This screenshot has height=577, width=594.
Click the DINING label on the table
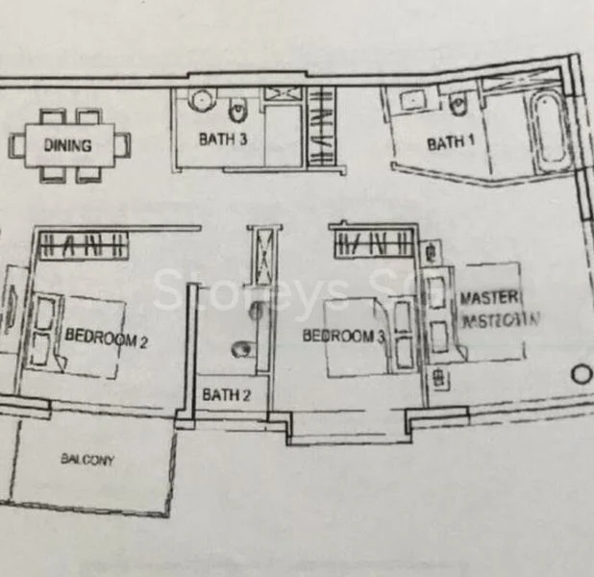(x=67, y=146)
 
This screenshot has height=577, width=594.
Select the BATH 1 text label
(x=451, y=143)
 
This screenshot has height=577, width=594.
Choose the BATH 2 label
(x=226, y=394)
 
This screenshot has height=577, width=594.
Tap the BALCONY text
(x=87, y=461)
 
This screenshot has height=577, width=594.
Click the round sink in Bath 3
(x=200, y=99)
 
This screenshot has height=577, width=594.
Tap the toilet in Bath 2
(x=243, y=350)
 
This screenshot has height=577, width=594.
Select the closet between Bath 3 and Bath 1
(x=321, y=125)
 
